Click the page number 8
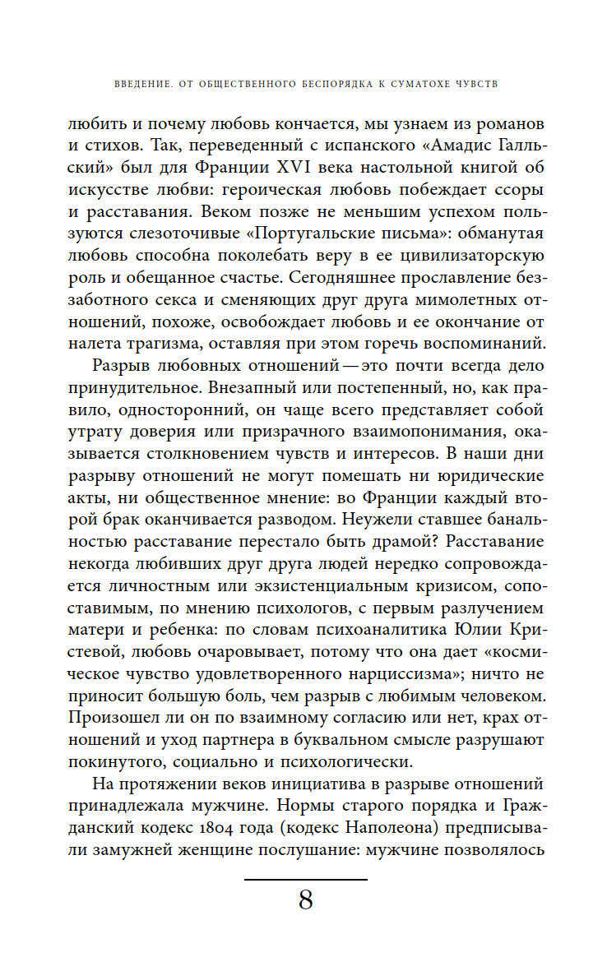pyautogui.click(x=305, y=901)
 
